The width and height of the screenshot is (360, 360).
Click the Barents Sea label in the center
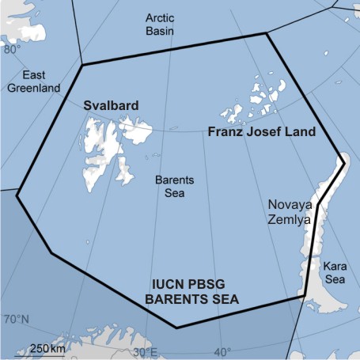tap(173, 186)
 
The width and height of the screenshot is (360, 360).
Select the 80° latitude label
tap(13, 49)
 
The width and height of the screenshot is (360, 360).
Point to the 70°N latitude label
tap(16, 320)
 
